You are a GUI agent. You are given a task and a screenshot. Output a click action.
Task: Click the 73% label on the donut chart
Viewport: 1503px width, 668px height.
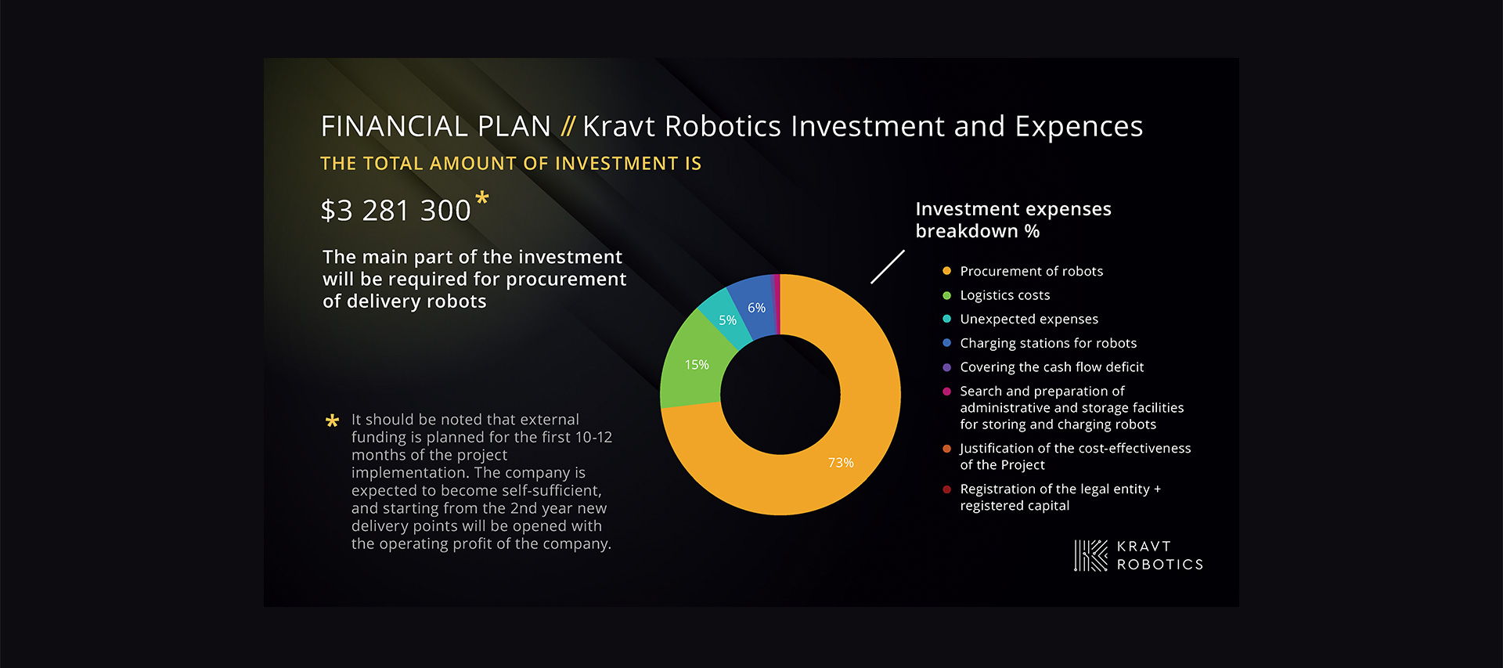click(841, 463)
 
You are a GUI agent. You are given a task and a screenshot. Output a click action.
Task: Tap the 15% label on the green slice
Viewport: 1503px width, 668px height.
click(697, 365)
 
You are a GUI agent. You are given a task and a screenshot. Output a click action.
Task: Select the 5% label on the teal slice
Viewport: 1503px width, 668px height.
click(728, 320)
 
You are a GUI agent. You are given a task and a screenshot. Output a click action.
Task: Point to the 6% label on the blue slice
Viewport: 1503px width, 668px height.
click(756, 308)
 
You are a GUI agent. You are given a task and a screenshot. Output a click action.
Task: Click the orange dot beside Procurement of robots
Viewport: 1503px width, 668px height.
click(946, 271)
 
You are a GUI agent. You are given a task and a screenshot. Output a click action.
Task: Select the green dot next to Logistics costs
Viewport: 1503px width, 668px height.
click(946, 295)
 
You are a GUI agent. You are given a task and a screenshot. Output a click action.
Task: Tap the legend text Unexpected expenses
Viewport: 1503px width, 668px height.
click(1029, 319)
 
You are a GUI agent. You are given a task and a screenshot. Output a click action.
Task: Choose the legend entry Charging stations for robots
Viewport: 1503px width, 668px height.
click(1048, 343)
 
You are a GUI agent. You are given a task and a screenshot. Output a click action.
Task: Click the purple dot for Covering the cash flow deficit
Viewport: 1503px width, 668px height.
click(946, 367)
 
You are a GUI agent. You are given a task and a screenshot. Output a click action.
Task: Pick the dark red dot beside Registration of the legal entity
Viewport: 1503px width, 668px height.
click(946, 489)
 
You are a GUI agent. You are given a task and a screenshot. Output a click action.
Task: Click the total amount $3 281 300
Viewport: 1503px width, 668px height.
click(395, 211)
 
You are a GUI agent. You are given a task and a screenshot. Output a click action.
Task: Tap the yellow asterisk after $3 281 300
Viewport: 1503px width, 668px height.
click(482, 198)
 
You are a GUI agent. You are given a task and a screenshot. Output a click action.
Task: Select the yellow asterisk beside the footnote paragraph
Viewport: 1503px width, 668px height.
click(332, 421)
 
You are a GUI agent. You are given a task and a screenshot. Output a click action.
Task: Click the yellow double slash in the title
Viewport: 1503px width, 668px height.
click(568, 126)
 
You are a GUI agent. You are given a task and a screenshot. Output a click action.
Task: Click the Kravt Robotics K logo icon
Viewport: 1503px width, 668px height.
click(1090, 555)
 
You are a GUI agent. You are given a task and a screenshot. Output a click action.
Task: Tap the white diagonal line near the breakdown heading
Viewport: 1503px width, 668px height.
click(888, 267)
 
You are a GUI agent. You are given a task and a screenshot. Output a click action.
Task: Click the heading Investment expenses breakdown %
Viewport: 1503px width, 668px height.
click(1013, 220)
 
